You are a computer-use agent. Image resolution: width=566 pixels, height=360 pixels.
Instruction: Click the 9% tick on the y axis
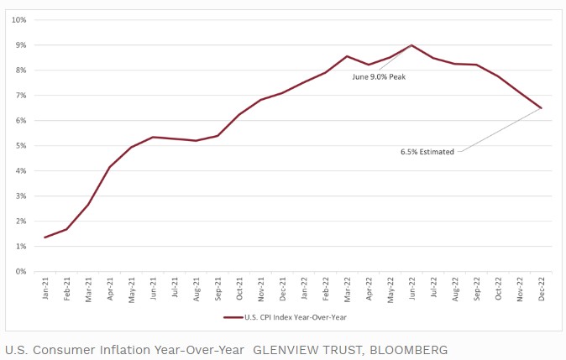pos(21,44)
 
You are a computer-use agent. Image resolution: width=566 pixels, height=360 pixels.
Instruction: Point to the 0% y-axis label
pos(21,271)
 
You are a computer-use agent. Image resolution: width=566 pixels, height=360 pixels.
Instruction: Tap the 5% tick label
pos(21,145)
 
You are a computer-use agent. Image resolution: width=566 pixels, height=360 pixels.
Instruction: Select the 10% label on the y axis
pos(19,19)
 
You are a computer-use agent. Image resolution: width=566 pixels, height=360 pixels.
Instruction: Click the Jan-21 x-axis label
pos(45,289)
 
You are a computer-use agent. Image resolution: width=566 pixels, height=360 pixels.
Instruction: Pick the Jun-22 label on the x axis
pos(411,289)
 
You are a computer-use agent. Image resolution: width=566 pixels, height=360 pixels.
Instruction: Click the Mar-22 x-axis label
pos(347,289)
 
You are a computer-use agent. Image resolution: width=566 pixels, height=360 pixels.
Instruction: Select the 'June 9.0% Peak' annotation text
pos(379,76)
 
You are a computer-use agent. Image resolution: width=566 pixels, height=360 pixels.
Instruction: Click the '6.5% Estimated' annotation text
pos(427,152)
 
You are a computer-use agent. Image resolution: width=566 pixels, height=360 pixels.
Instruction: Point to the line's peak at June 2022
pos(411,45)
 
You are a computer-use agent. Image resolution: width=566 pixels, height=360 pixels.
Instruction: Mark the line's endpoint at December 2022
pos(542,108)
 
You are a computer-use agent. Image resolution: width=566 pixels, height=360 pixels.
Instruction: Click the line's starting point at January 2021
pos(45,237)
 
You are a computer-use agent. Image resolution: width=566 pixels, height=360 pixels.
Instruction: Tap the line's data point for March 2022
pos(347,56)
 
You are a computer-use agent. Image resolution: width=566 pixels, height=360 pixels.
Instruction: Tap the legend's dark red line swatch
pos(233,317)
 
